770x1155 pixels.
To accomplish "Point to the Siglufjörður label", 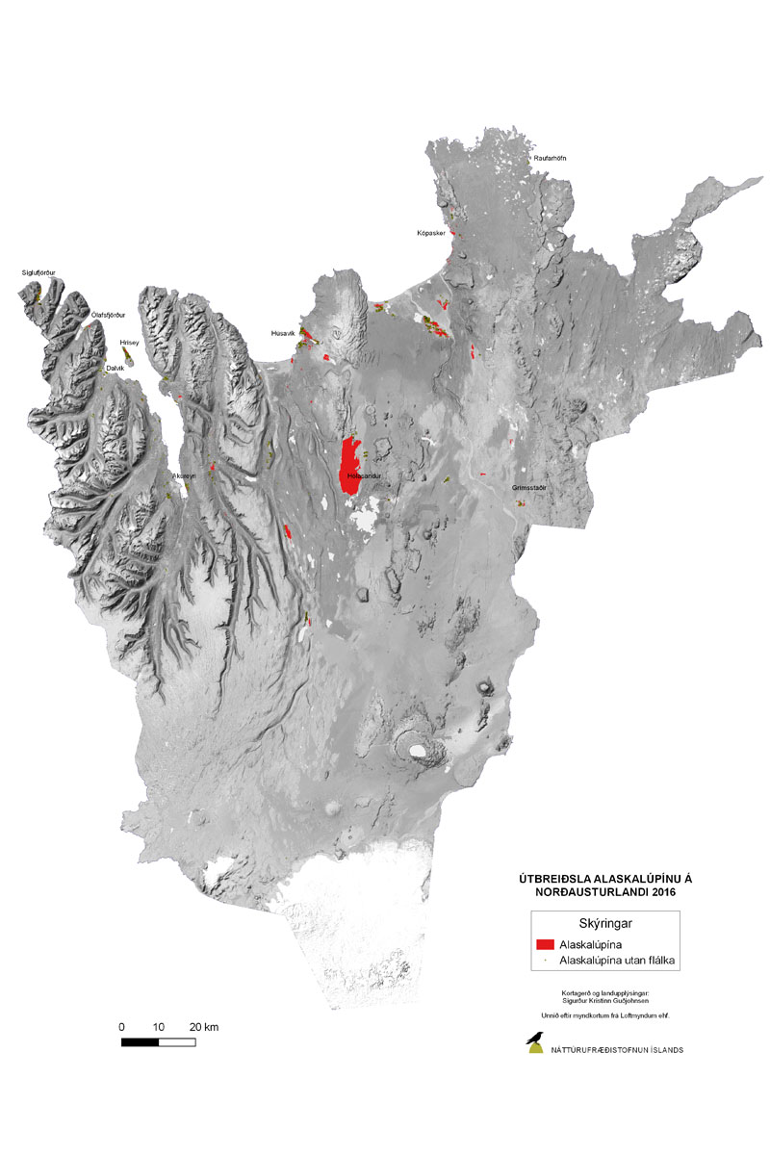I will tap(38, 273).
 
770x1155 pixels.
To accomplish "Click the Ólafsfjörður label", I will tap(108, 315).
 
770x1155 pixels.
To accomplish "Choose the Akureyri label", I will tap(185, 476).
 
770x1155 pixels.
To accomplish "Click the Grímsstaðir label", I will tap(529, 488).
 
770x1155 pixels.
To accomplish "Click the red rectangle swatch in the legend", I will tap(546, 945).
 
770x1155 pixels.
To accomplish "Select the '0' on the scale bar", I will tap(121, 1027).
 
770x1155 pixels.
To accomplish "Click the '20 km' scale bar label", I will tap(205, 1027).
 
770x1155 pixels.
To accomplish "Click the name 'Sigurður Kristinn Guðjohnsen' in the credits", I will tap(605, 1002).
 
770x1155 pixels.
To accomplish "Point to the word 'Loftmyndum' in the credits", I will tap(629, 1015).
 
